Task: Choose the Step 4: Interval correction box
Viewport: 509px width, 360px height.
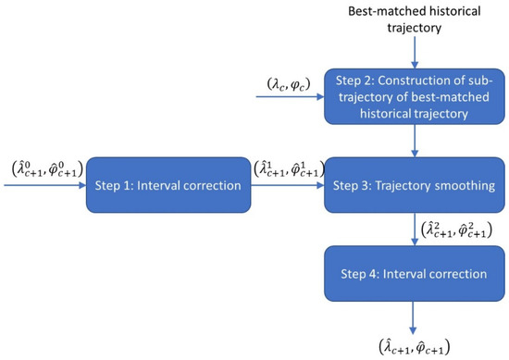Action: tap(412, 275)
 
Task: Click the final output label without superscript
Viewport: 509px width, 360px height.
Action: tap(412, 346)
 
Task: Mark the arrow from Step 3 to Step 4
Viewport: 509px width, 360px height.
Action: tap(412, 230)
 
